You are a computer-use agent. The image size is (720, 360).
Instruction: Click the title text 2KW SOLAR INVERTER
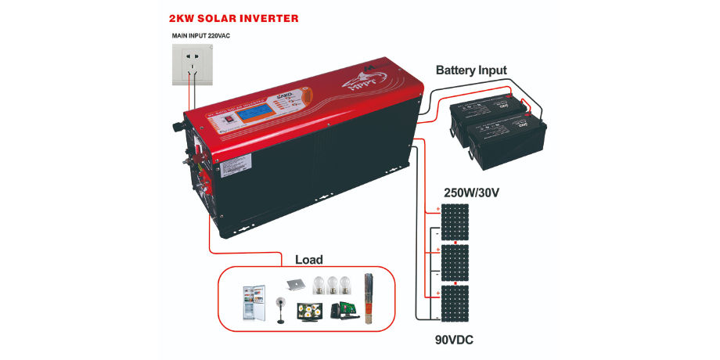pos(233,17)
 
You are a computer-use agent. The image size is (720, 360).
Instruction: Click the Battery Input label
pos(471,70)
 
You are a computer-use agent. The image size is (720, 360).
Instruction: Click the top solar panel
pos(454,222)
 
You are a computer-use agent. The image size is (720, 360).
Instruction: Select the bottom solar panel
pos(454,304)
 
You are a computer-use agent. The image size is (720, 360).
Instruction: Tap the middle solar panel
pos(454,263)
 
